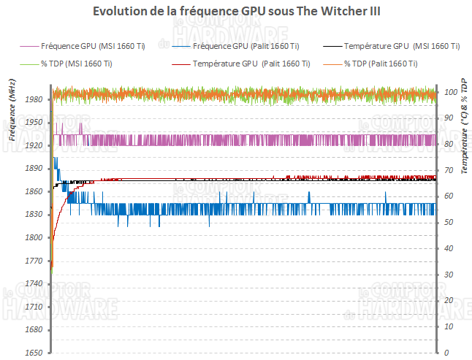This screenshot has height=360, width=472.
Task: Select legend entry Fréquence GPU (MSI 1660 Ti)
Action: point(94,45)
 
